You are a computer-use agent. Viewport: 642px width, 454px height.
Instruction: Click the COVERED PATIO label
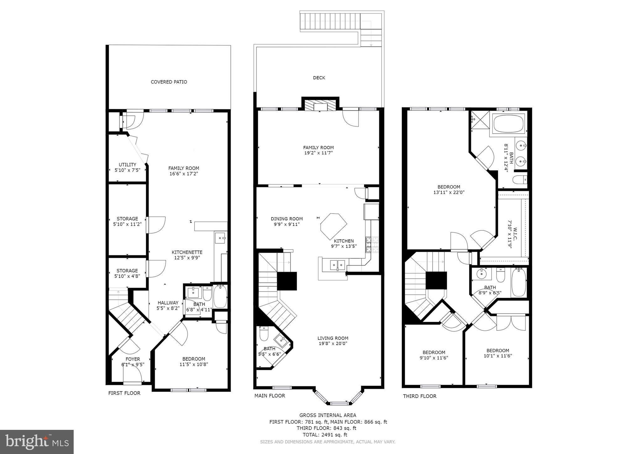tap(169, 82)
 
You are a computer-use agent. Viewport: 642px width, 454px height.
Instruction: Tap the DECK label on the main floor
tap(319, 78)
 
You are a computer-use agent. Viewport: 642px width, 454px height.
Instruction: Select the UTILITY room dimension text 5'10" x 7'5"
tap(127, 170)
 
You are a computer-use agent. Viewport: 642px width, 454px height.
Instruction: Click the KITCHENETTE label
tap(187, 252)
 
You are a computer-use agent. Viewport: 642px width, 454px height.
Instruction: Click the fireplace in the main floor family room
tap(320, 106)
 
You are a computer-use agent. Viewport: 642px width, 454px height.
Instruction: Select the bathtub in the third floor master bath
tap(508, 124)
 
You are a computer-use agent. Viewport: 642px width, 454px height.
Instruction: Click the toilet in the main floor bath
tap(264, 334)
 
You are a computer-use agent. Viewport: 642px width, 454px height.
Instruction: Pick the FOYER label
tap(133, 359)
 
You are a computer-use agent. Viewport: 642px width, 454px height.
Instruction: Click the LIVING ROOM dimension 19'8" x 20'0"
tap(333, 343)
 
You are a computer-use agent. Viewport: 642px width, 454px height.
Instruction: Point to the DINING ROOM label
tap(287, 219)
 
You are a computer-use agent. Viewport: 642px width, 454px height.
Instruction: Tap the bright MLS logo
tap(37, 442)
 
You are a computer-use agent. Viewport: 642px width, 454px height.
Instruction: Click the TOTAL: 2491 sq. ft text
tap(325, 435)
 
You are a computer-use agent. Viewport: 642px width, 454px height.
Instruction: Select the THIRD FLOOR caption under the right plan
tap(419, 396)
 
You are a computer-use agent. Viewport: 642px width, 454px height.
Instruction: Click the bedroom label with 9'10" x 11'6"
tap(434, 352)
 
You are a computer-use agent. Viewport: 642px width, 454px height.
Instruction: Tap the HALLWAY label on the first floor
tap(168, 303)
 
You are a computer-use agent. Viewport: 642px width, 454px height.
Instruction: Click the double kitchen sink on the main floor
tap(337, 265)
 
